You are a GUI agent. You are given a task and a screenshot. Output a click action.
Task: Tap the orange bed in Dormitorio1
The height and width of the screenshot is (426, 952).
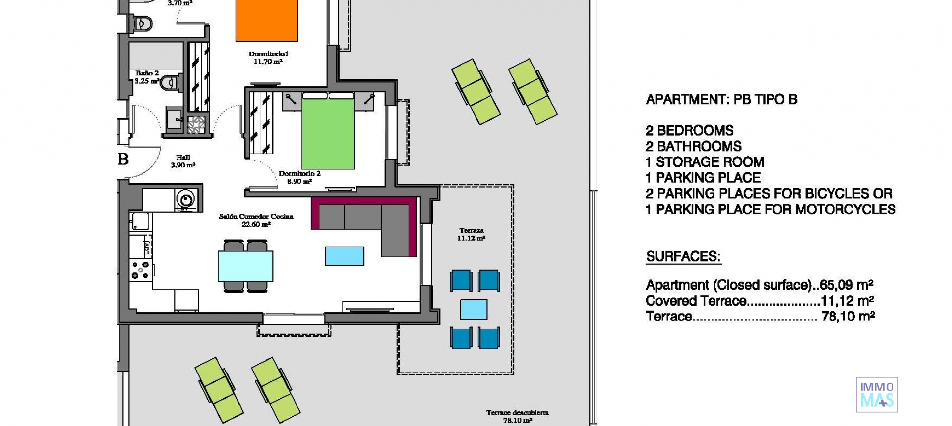click(x=266, y=20)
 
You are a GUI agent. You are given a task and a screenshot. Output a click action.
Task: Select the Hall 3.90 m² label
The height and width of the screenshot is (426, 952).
click(x=183, y=161)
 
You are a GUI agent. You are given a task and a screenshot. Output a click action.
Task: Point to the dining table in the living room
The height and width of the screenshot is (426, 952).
click(x=245, y=266)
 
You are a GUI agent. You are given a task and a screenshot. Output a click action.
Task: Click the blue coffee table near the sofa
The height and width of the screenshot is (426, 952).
click(x=345, y=256)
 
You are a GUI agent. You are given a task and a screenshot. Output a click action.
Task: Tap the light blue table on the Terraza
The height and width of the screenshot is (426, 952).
click(x=474, y=309)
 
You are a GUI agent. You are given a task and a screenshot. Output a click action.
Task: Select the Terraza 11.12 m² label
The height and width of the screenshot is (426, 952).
click(x=471, y=234)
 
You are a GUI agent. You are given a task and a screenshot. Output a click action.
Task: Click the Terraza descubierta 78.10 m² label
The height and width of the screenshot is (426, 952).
click(x=517, y=416)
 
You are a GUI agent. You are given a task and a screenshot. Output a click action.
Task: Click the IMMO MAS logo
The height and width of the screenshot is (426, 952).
click(x=877, y=395)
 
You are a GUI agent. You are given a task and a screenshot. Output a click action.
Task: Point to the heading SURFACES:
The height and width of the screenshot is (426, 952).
click(x=683, y=257)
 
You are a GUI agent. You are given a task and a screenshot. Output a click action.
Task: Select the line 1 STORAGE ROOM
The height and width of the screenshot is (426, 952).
click(x=704, y=162)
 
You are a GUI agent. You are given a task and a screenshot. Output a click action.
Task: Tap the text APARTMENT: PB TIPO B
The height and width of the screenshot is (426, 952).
click(x=721, y=100)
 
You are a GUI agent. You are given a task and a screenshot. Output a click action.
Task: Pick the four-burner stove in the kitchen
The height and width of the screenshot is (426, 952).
click(x=140, y=270)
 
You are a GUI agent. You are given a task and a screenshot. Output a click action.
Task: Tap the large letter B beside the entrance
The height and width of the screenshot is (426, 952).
click(x=123, y=159)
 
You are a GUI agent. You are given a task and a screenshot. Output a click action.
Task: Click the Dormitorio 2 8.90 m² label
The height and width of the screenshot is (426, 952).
click(x=299, y=177)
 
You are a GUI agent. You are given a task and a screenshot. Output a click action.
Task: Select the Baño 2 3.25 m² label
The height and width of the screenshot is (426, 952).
click(x=147, y=77)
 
